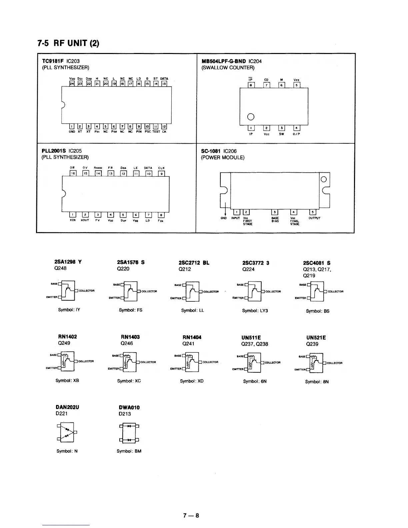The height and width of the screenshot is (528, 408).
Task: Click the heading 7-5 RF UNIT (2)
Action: tap(68, 43)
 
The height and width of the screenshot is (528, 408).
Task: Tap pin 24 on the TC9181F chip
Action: tap(71, 84)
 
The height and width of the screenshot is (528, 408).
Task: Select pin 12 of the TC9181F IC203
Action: tap(164, 127)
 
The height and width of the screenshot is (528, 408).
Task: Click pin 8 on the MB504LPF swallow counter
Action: tap(251, 85)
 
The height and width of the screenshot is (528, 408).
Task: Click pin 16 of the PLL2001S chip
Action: tap(73, 173)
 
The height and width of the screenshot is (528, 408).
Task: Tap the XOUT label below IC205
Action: tap(85, 220)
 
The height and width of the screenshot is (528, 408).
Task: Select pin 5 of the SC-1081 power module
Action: tap(313, 212)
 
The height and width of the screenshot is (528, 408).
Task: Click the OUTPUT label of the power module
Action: tap(314, 218)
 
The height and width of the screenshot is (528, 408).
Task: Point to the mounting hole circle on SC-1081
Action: tap(324, 179)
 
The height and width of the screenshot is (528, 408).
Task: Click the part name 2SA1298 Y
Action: tap(68, 262)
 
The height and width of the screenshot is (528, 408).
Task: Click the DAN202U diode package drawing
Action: tap(67, 432)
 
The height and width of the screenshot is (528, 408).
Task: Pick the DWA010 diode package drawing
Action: tap(129, 433)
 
